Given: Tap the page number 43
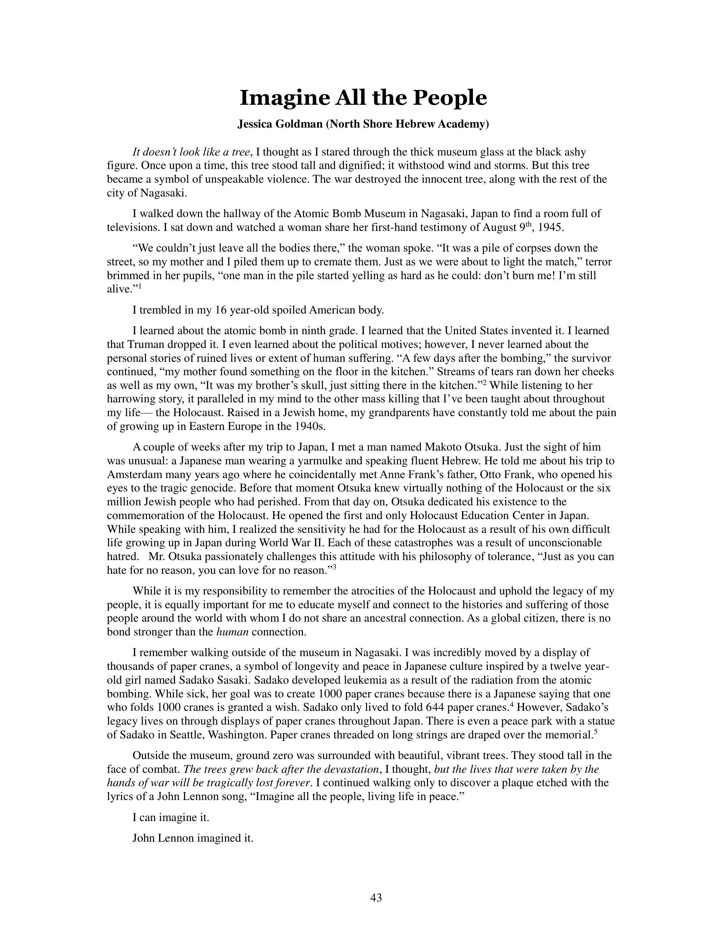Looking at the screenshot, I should pyautogui.click(x=376, y=897).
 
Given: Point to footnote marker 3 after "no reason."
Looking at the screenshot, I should pyautogui.click(x=334, y=567).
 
